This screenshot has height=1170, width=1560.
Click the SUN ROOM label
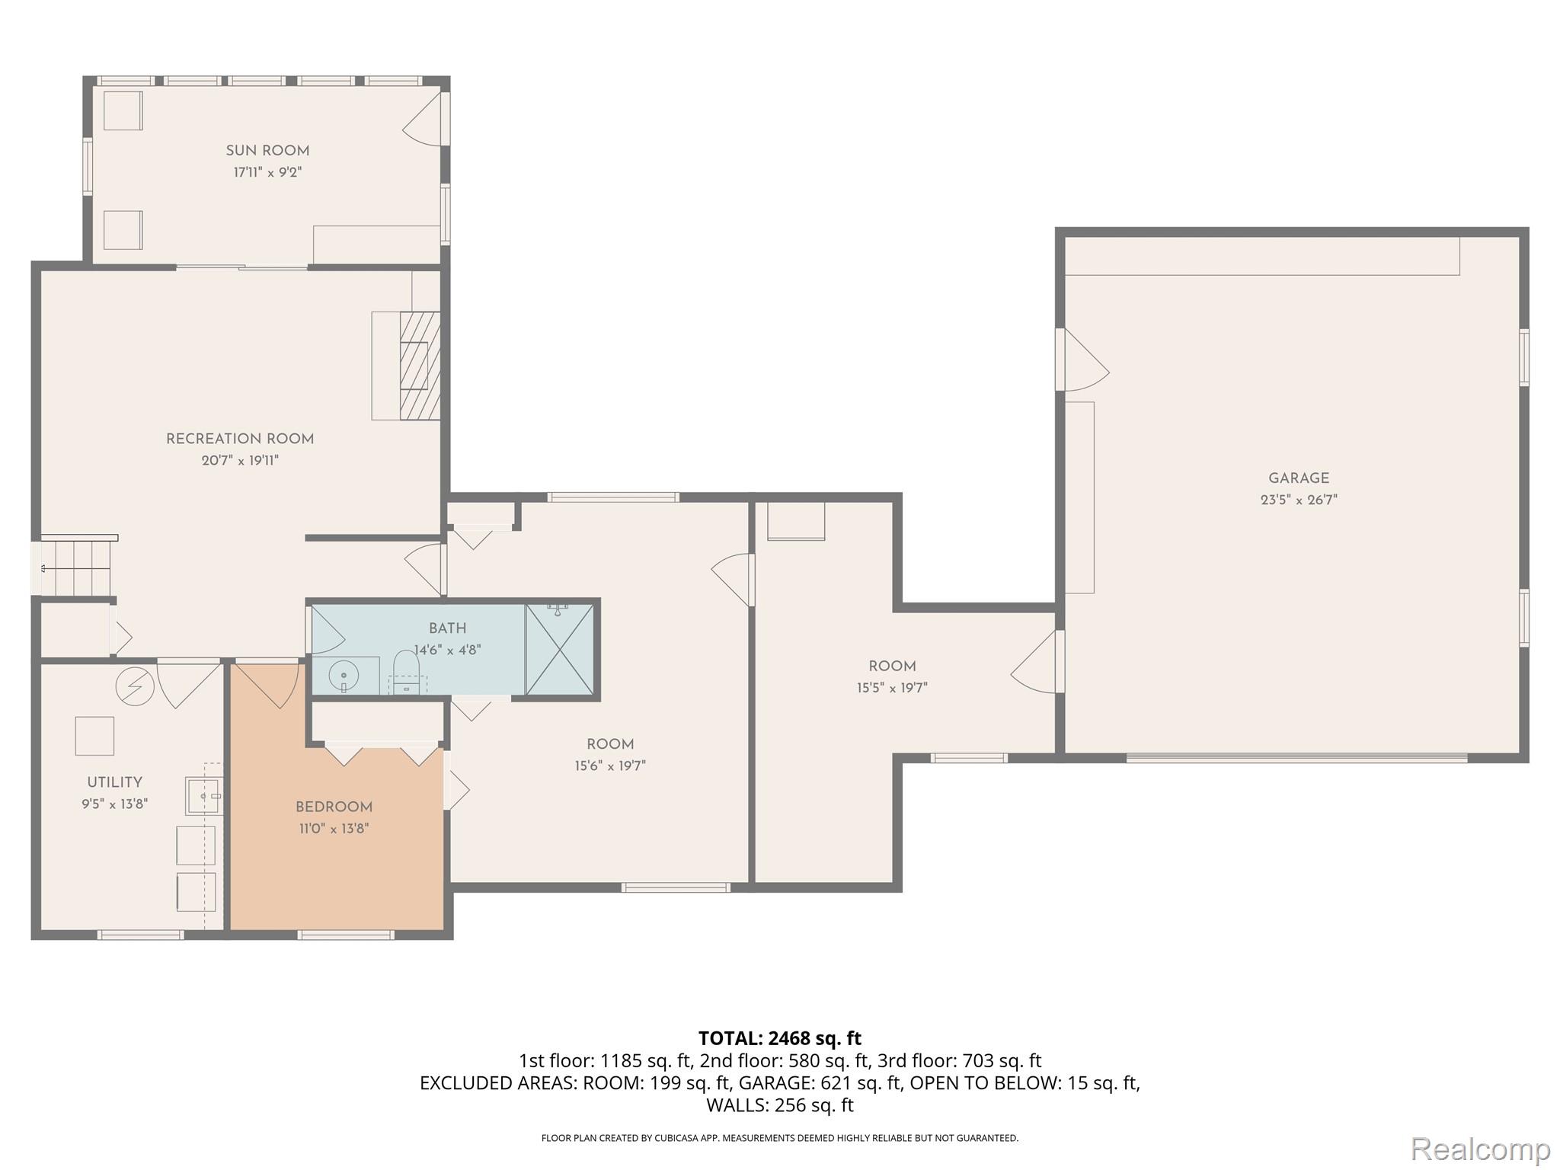point(267,151)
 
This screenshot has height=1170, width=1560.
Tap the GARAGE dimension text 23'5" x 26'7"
point(1299,500)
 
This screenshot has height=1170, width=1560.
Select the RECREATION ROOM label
point(240,439)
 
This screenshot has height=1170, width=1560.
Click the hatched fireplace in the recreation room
point(420,366)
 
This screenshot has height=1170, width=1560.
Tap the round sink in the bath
point(344,675)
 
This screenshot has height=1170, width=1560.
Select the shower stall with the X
point(560,649)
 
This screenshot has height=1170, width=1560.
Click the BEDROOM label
point(334,807)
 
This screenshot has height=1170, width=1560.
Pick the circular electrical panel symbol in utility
point(134,686)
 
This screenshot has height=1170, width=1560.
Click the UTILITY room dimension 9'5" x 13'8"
point(114,804)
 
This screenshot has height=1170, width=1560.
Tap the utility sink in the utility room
point(203,796)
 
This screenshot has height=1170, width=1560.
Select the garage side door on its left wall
point(1082,360)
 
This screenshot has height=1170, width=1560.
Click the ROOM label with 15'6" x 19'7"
point(610,744)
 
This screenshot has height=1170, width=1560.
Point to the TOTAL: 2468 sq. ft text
point(779,1038)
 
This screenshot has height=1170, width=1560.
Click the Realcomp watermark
point(1480,1149)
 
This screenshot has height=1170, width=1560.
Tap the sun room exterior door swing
point(424,120)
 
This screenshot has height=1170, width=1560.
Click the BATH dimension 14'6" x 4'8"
point(447,651)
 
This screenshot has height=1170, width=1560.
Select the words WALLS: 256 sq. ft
point(779,1105)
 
